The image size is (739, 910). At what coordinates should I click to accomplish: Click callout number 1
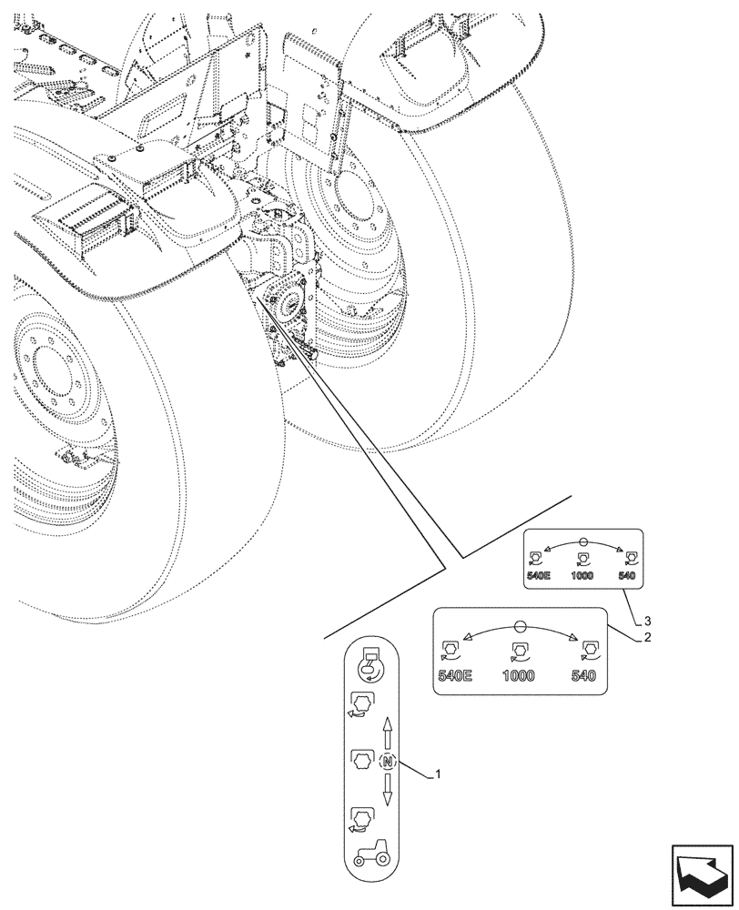point(439,774)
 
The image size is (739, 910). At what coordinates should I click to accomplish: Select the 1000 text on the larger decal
point(519,676)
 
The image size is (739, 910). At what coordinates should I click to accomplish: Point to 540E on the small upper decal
point(539,575)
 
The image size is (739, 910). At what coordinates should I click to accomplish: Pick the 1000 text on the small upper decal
point(582,575)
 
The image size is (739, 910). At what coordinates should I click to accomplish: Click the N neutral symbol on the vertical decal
point(388,761)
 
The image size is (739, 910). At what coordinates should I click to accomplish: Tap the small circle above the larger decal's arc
point(519,626)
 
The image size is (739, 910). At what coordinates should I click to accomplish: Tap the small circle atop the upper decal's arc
point(583,541)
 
